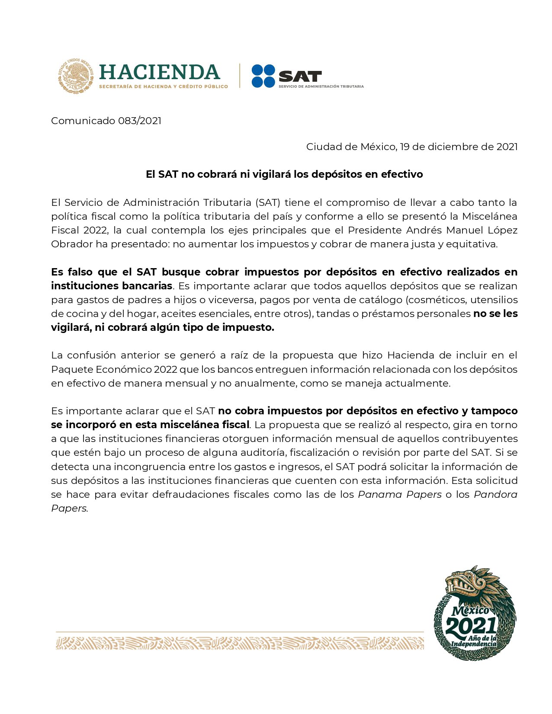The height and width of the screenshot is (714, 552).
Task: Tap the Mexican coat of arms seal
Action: click(x=76, y=76)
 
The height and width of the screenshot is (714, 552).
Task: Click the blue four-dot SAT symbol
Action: click(x=263, y=76)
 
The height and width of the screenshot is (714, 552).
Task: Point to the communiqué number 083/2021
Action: click(x=139, y=121)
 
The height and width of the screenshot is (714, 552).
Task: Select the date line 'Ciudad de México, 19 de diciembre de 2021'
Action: click(x=411, y=147)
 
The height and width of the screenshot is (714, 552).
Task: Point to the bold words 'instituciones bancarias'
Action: click(x=112, y=286)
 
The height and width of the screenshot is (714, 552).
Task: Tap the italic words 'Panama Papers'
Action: click(x=400, y=494)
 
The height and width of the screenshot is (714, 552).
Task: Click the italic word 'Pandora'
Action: click(x=495, y=494)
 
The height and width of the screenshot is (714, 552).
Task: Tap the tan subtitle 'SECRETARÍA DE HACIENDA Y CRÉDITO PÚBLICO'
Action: click(x=163, y=86)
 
